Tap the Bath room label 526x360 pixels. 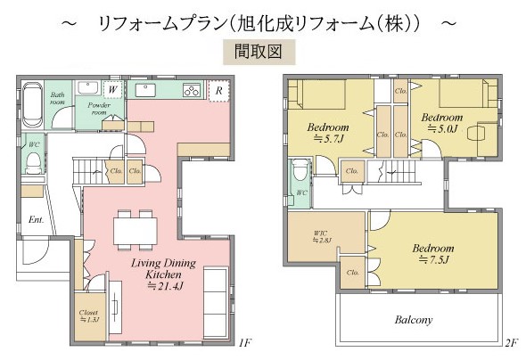58,98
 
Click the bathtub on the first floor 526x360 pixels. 29,105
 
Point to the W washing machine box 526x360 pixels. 113,89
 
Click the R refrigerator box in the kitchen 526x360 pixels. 217,91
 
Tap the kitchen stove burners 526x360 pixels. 191,90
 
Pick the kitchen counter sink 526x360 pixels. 144,90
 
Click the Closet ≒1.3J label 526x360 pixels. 88,316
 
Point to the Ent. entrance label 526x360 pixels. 37,218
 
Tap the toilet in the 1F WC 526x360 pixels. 33,162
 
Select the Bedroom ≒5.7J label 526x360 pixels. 328,132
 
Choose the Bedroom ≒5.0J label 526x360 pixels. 442,123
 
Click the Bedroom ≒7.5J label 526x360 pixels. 433,253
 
